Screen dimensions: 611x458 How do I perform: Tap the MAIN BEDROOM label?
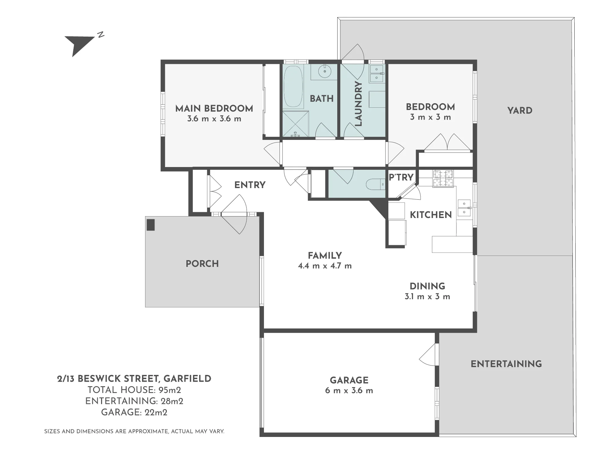[x=214, y=108]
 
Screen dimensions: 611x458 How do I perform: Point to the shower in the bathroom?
[x=295, y=124]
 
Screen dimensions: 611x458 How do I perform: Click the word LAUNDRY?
[x=358, y=104]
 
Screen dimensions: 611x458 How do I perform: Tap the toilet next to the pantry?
[x=375, y=184]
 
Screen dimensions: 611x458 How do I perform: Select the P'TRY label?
[x=401, y=177]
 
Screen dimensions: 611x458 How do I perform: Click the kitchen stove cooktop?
[x=443, y=178]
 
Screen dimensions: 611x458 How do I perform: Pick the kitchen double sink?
[x=464, y=208]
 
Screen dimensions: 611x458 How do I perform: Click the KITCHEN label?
[x=431, y=215]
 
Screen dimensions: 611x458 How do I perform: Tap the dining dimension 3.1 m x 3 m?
[x=427, y=297]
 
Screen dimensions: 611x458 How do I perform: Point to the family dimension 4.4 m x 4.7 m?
[x=325, y=266]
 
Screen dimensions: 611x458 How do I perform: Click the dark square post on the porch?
[x=151, y=225]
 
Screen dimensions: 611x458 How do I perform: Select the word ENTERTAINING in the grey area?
[x=506, y=364]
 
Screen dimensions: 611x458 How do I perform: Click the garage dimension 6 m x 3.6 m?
[x=349, y=391]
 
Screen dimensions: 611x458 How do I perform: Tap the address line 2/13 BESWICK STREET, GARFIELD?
[x=134, y=379]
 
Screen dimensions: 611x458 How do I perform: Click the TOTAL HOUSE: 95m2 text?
[x=134, y=390]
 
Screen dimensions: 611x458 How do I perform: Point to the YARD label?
[x=520, y=111]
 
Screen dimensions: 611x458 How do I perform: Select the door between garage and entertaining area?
[x=429, y=354]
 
